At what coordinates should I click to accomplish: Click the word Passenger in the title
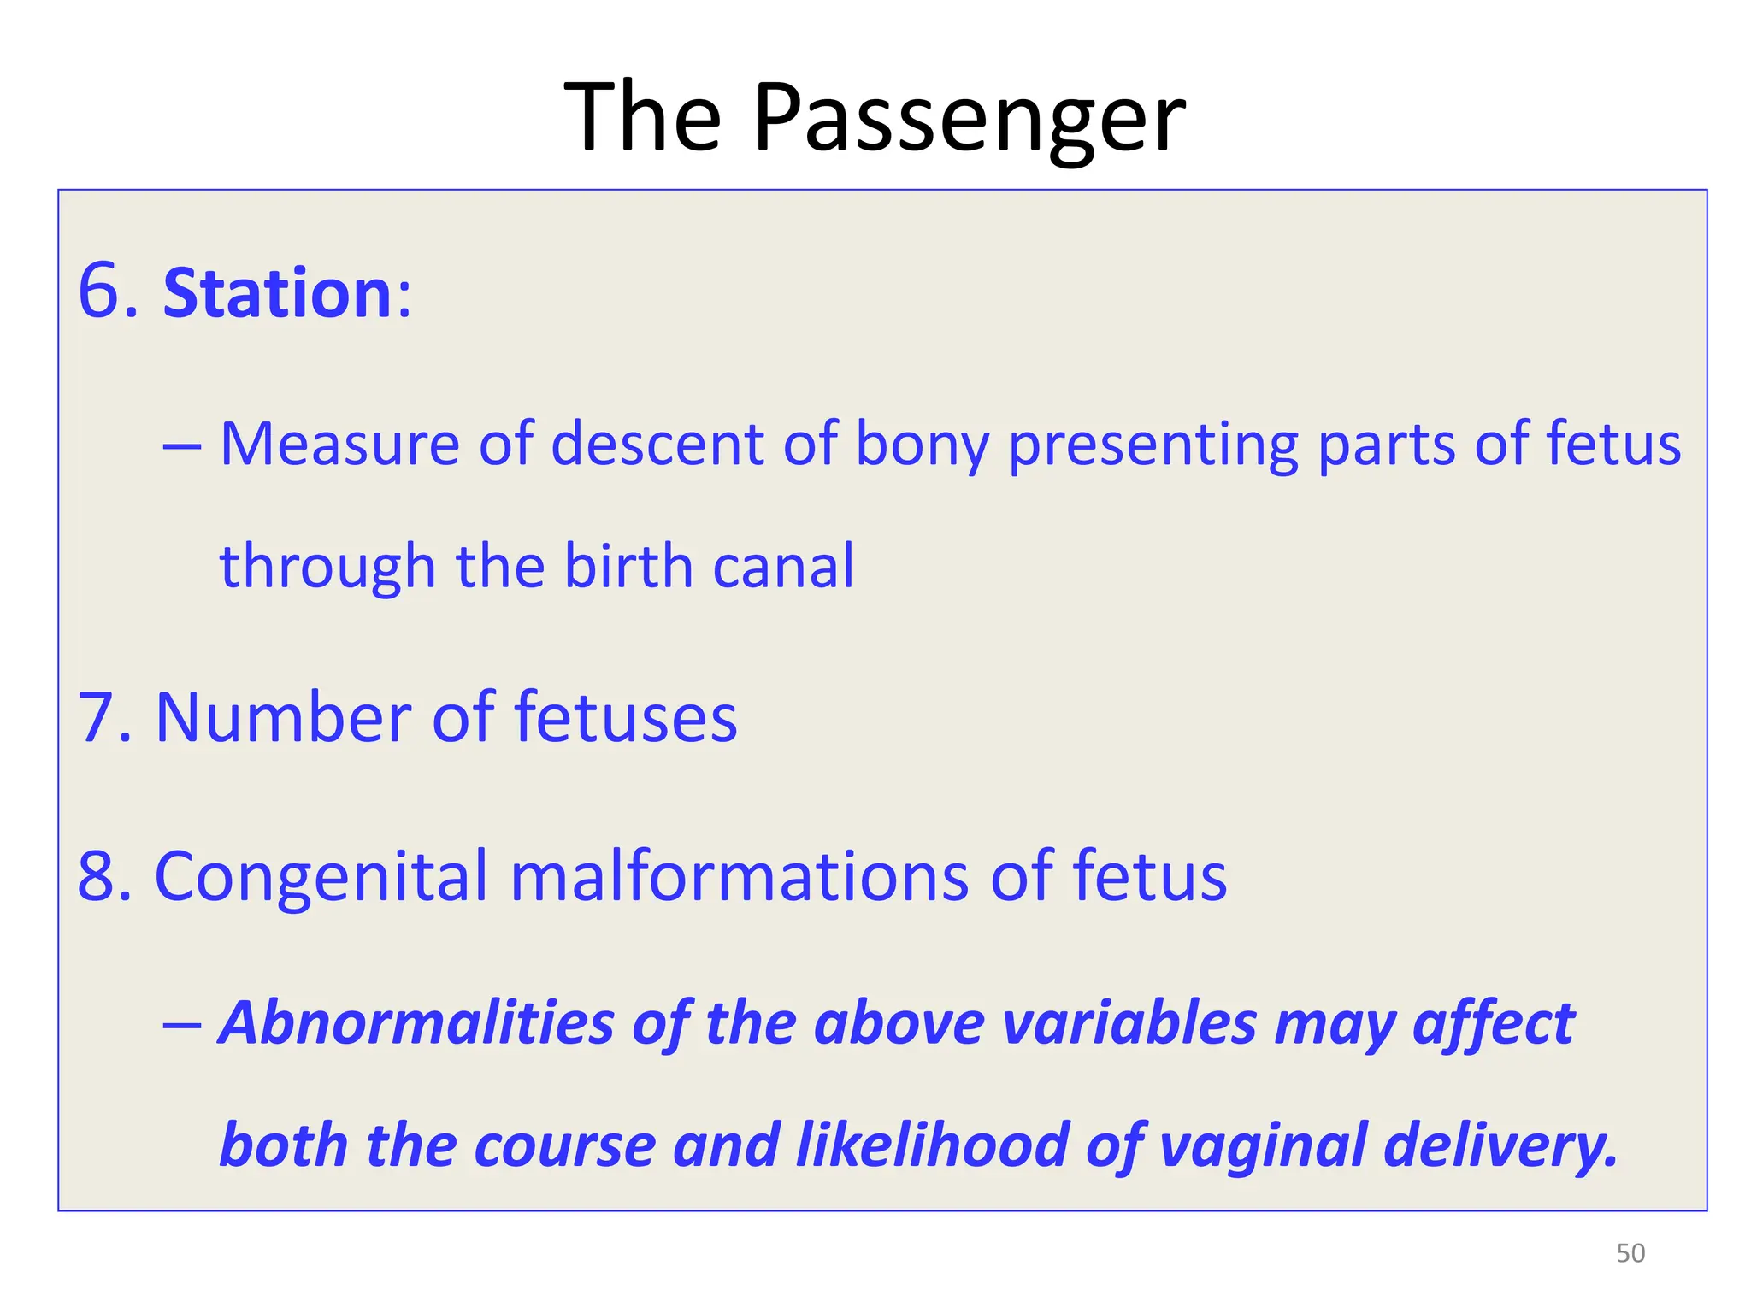[x=969, y=118]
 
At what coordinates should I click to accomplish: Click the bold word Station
[x=277, y=293]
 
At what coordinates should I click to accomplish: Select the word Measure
[x=339, y=445]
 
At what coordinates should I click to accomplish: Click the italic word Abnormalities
[x=416, y=1023]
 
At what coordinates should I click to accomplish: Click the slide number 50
[x=1630, y=1253]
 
